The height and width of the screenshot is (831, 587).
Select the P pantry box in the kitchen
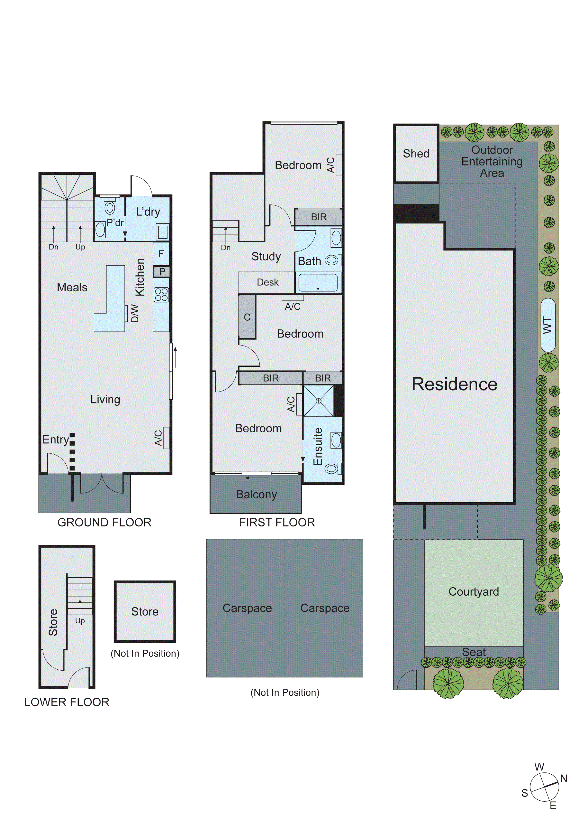pos(162,271)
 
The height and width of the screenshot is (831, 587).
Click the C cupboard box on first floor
pos(247,317)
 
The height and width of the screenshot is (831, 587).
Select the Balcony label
pos(257,494)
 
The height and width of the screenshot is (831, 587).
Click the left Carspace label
pos(247,608)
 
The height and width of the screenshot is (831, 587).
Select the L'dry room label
pos(148,212)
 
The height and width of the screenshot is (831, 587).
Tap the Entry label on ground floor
pos(55,439)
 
